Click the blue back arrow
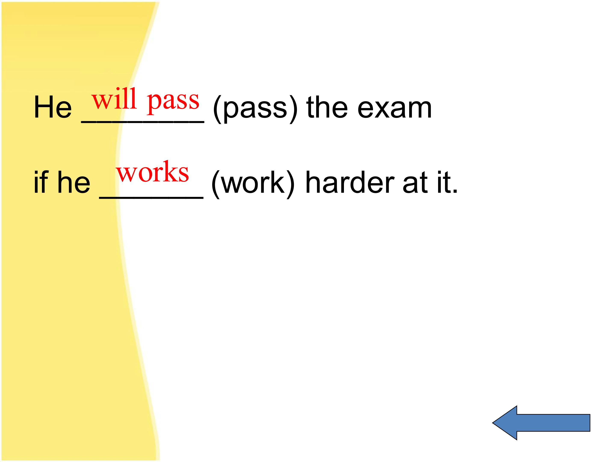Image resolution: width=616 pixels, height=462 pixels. point(541,423)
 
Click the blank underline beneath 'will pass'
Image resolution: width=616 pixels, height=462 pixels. point(143,122)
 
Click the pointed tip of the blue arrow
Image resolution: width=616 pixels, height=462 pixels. point(493,423)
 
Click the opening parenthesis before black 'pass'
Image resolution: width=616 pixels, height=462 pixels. point(218,109)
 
